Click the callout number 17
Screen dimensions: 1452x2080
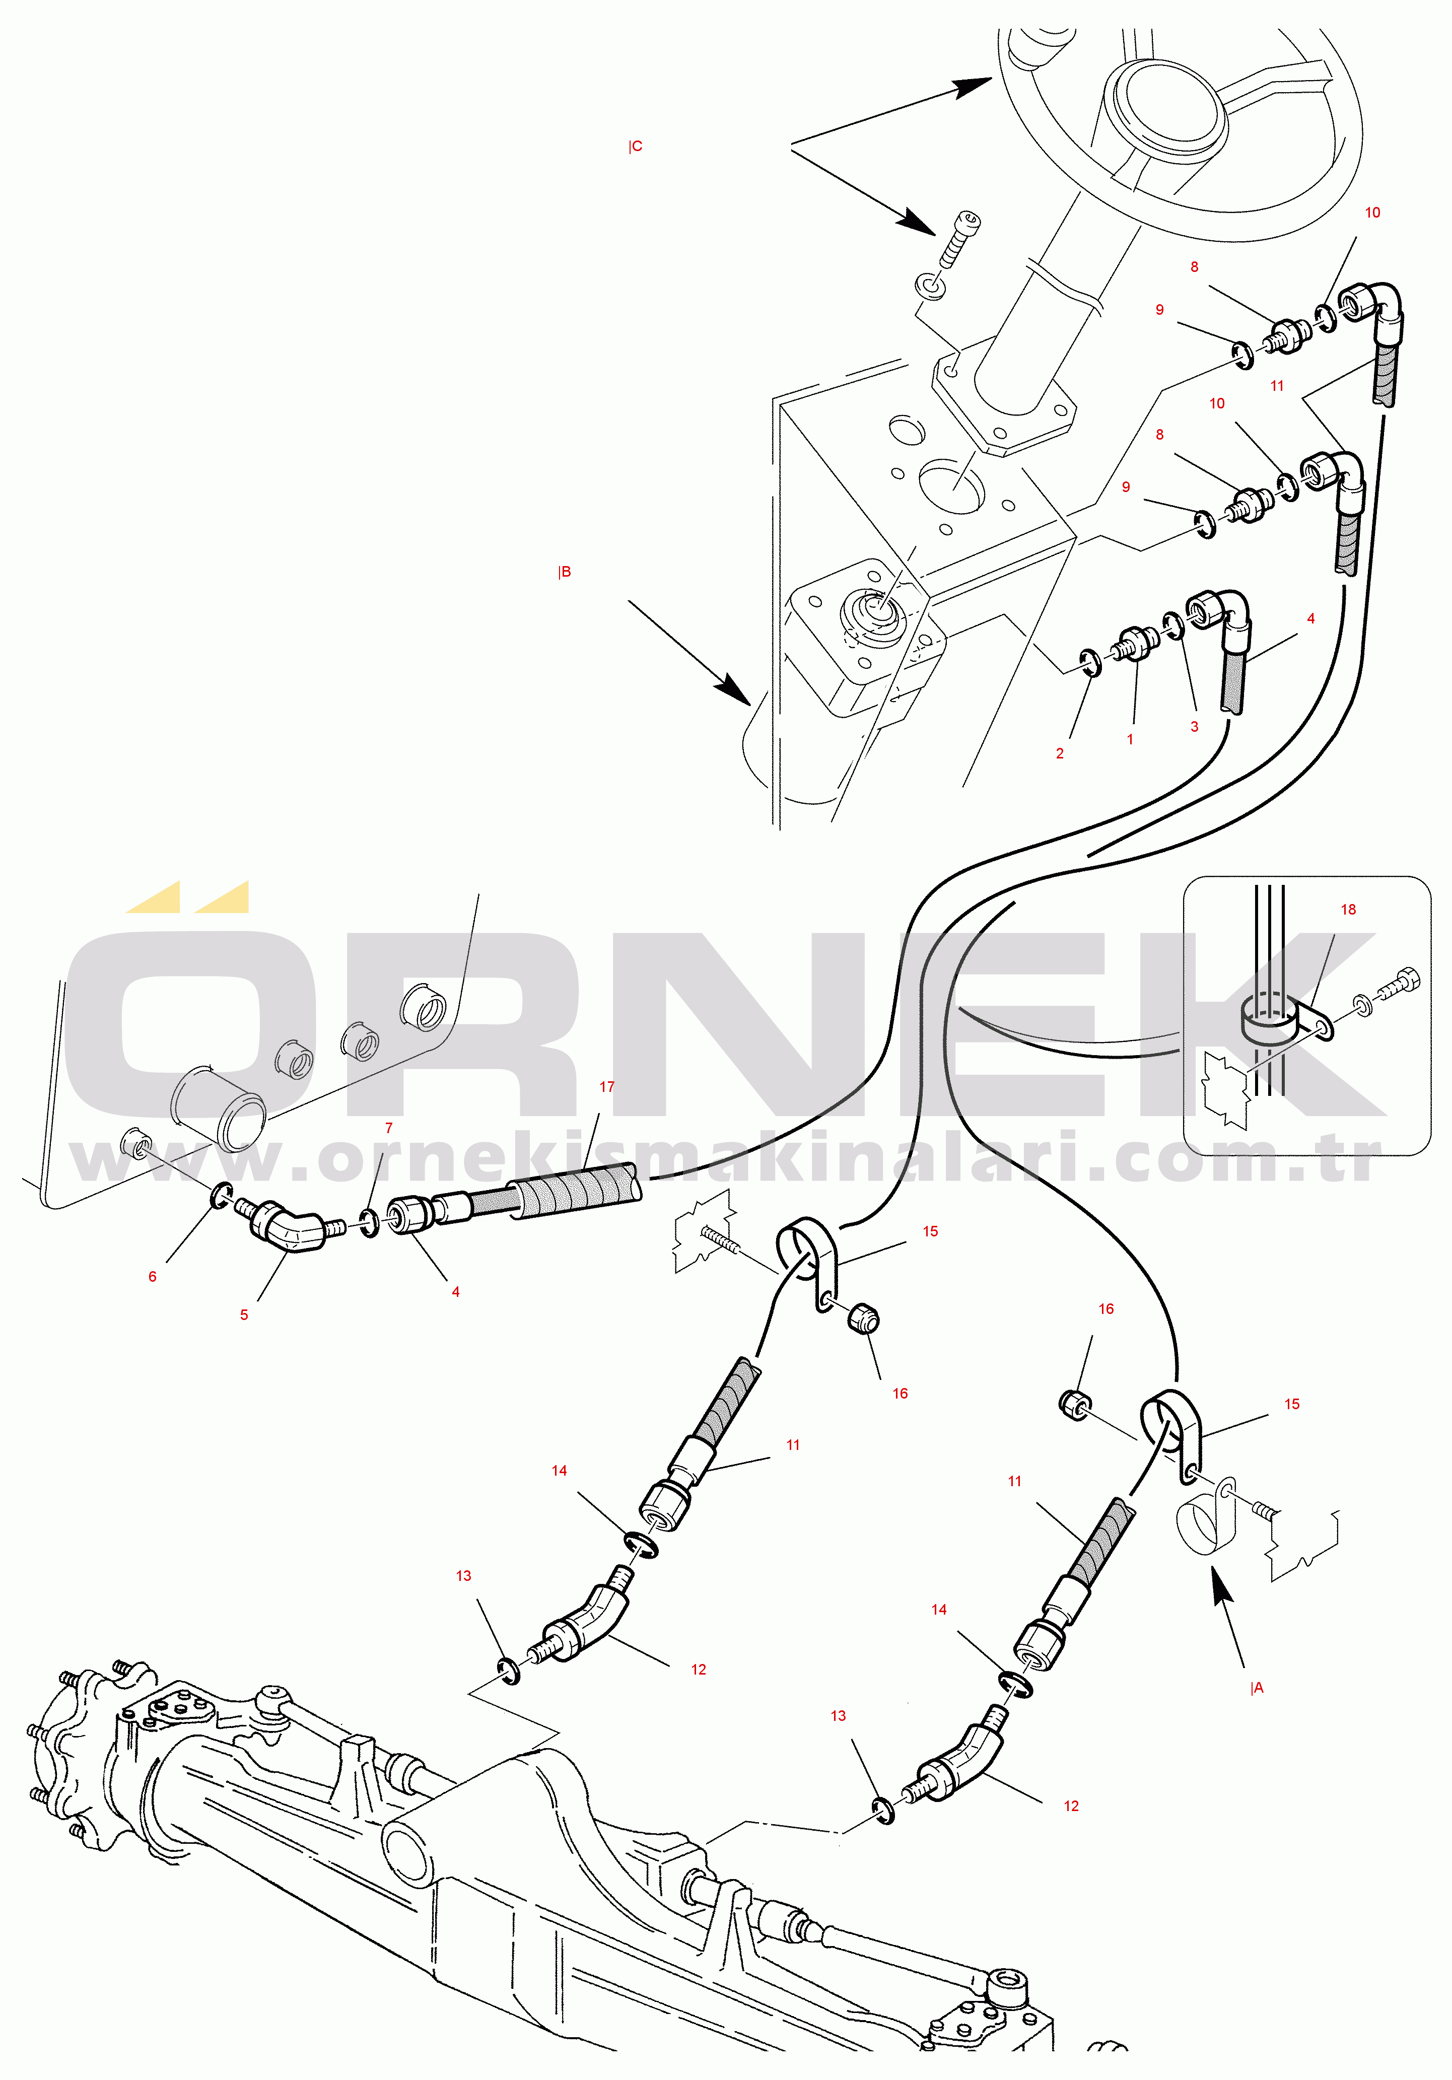pos(607,1086)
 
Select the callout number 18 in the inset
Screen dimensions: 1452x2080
pos(1348,910)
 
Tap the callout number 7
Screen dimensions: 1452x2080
pos(389,1128)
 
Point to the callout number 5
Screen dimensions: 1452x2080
pos(244,1314)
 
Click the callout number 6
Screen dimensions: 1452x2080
pos(152,1276)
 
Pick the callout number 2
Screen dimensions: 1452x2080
pos(1060,753)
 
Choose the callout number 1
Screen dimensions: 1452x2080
pos(1130,739)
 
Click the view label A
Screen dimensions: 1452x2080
pos(1257,1688)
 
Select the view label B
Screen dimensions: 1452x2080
pos(564,572)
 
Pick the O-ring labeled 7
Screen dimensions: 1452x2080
pos(370,1223)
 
